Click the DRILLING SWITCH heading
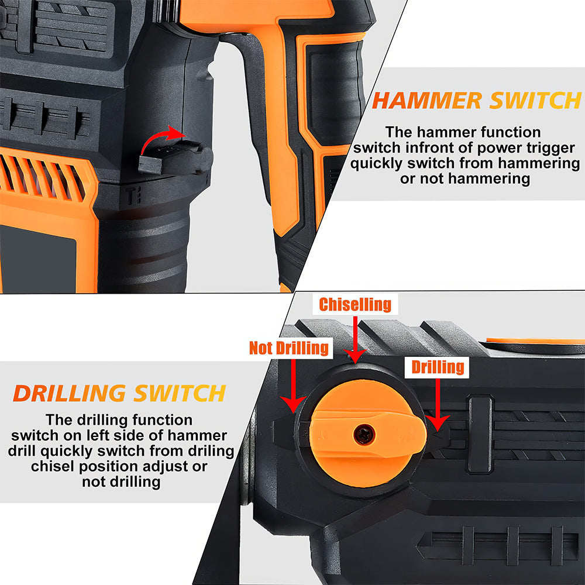(x=119, y=393)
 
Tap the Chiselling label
(x=355, y=304)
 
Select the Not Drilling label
(x=289, y=347)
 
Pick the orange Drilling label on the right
(x=438, y=367)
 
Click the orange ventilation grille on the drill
(x=44, y=178)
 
